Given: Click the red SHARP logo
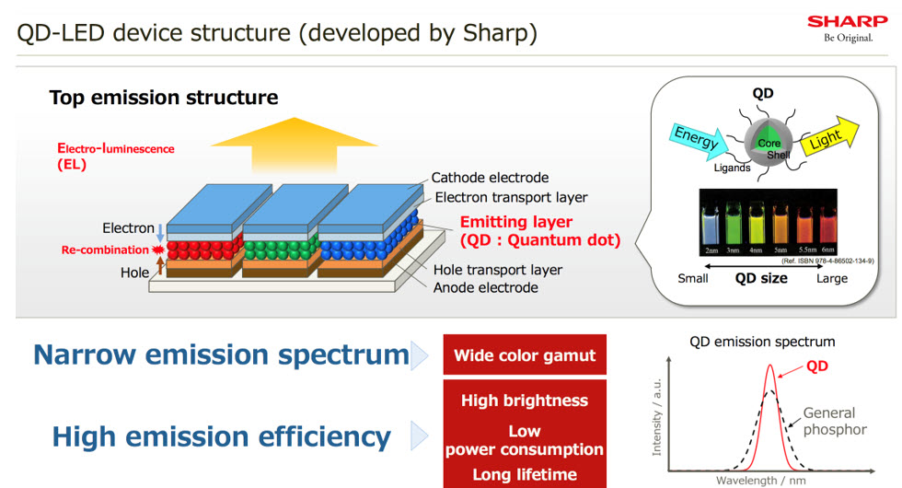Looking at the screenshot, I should point(847,21).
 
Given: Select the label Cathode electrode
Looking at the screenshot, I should point(490,178).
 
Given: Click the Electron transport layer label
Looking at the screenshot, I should point(511,197).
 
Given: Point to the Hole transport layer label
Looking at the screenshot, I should point(497,270).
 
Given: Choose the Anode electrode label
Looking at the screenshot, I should point(485,287).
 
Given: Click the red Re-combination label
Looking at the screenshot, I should point(104,250).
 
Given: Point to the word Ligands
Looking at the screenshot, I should point(733,168).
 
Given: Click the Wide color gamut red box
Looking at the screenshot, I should point(525,355).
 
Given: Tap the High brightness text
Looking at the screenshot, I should point(525,401).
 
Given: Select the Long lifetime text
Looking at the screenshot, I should point(525,474).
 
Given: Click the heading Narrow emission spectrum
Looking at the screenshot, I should point(221,354).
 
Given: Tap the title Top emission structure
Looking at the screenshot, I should point(164,98).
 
